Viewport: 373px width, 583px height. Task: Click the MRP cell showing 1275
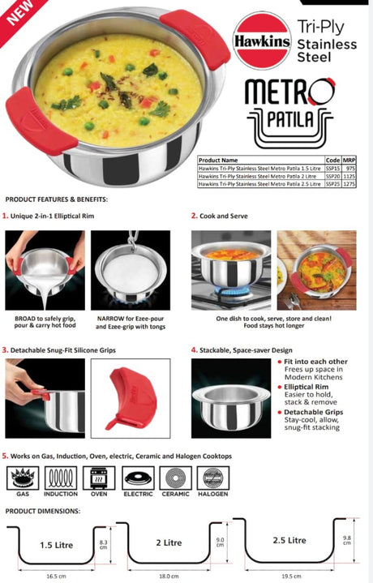[350, 184]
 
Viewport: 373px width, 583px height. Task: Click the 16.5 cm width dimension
[55, 575]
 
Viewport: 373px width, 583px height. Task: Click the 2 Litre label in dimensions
[169, 542]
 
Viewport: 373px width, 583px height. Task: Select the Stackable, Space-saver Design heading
[245, 349]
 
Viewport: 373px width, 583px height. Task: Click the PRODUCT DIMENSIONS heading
[43, 511]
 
